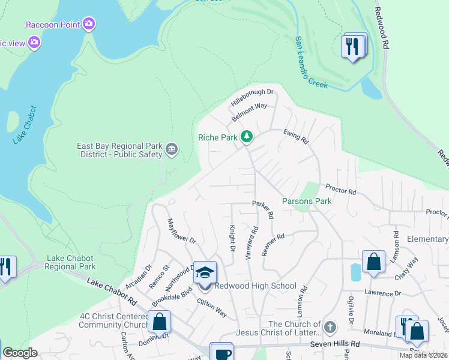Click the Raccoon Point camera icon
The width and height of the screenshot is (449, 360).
pos(89,24)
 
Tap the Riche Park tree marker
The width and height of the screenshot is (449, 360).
pos(246,137)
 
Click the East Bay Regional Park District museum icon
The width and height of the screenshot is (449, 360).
pos(172,149)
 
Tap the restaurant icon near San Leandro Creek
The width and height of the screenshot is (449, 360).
pos(352,45)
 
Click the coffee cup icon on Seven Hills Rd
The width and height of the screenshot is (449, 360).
pos(221,353)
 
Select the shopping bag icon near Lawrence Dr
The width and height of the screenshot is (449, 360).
pos(373,262)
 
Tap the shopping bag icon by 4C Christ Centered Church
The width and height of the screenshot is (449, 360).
pos(160,322)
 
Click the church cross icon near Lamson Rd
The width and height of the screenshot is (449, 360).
pos(328,327)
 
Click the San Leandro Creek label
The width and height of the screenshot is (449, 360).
pos(310,62)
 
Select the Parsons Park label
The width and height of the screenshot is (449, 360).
pos(307,202)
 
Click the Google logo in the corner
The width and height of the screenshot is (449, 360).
pos(20,353)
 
